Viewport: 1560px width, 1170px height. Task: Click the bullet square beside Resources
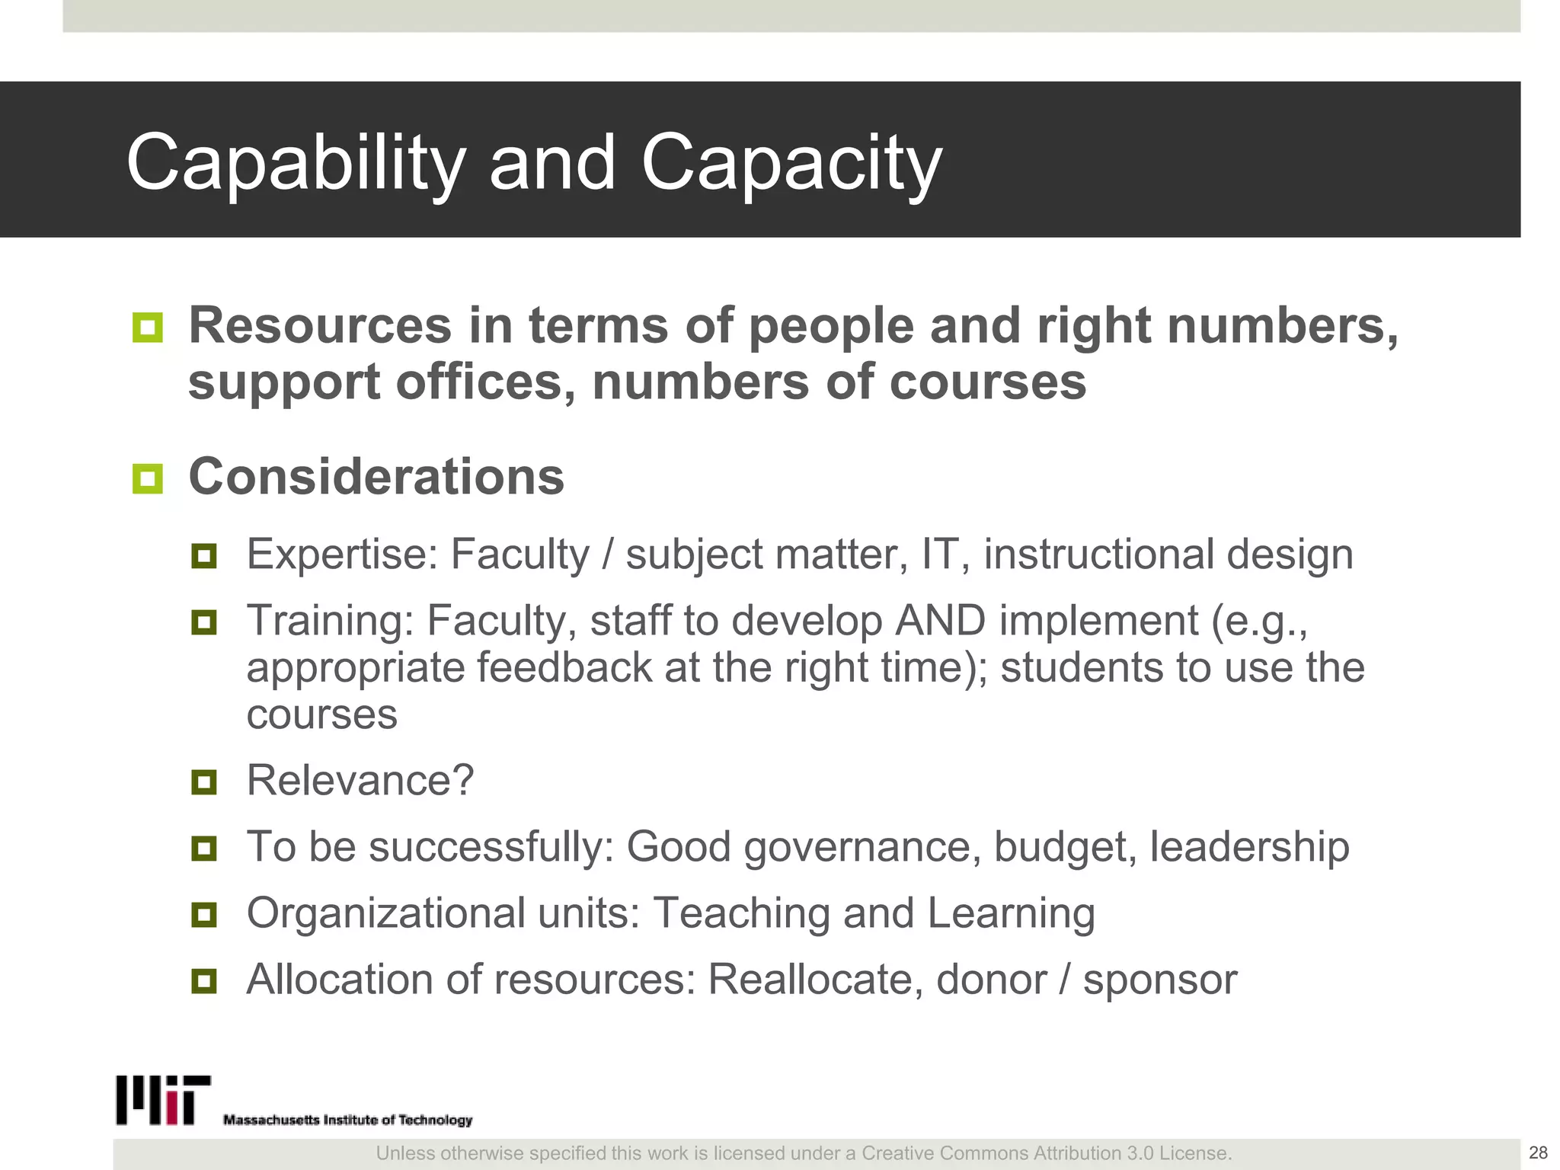click(x=147, y=328)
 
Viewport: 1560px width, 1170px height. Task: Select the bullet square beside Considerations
click(x=147, y=479)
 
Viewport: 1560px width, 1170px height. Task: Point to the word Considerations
click(x=376, y=477)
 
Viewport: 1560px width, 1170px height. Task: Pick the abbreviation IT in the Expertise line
click(x=938, y=554)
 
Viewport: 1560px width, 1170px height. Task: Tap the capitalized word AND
click(x=941, y=620)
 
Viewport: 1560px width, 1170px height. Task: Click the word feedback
click(x=564, y=668)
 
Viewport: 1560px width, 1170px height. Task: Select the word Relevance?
click(x=360, y=781)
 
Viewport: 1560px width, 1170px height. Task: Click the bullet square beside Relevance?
click(x=204, y=782)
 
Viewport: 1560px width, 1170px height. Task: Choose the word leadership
click(x=1249, y=847)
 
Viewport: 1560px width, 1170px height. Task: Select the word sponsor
click(x=1160, y=980)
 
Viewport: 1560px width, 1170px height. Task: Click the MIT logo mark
click(x=163, y=1100)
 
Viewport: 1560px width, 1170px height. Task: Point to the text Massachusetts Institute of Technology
click(x=347, y=1120)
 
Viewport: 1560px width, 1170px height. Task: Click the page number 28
click(x=1538, y=1152)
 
